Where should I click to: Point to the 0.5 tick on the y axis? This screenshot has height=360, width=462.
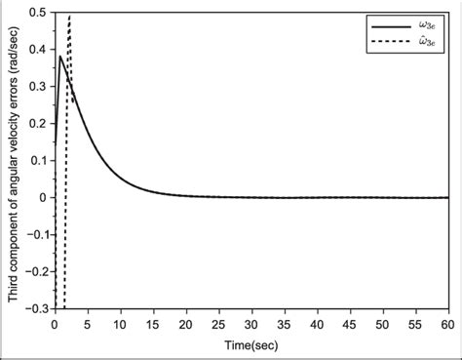click(x=39, y=12)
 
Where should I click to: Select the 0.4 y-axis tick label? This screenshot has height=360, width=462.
click(x=39, y=49)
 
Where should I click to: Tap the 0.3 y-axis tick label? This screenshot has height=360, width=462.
click(x=39, y=86)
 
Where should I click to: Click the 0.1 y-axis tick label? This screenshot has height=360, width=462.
click(x=39, y=160)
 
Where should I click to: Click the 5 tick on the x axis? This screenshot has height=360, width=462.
click(x=88, y=321)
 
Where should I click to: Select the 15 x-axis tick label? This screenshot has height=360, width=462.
click(x=153, y=321)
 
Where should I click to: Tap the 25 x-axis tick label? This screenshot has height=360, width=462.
click(x=219, y=321)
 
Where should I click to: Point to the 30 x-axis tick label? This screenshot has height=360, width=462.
click(x=251, y=321)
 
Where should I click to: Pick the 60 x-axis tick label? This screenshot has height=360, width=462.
click(x=448, y=321)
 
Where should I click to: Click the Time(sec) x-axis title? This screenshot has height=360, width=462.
click(x=251, y=342)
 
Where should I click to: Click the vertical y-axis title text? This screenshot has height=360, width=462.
click(x=12, y=161)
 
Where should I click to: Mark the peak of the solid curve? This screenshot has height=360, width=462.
click(x=60, y=57)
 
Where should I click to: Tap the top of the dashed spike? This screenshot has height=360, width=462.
click(x=70, y=15)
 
